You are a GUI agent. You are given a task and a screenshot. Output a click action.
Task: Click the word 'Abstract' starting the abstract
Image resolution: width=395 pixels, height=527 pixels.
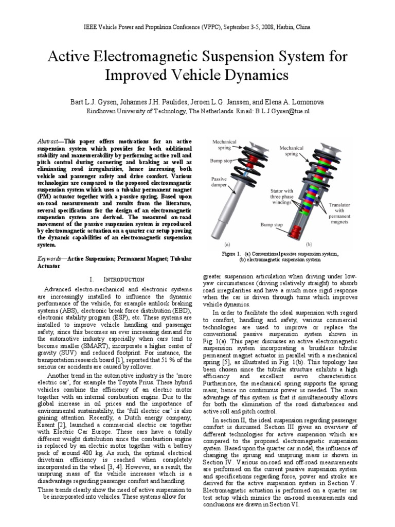pyautogui.click(x=50, y=140)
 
